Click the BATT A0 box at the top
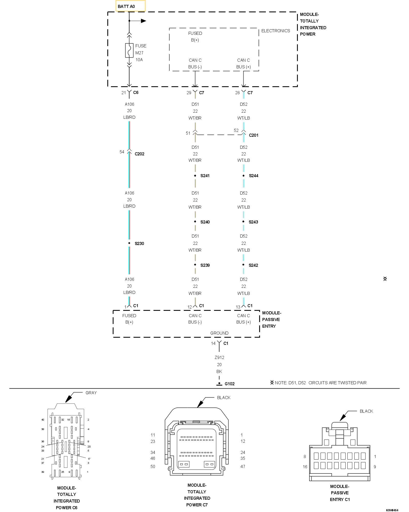130,6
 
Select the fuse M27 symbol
129,50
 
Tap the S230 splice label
139,243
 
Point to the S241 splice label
205,176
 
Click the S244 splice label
253,176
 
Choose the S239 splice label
205,265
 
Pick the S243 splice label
253,222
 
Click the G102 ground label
229,384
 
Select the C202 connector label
139,154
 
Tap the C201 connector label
253,135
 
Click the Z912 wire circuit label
219,357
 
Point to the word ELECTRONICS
276,31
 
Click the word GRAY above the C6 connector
91,393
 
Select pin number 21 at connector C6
124,93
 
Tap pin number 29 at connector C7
189,93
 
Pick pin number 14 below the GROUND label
213,343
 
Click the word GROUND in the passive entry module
219,333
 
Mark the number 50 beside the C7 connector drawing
153,466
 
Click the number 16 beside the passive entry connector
305,467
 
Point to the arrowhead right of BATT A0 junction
143,21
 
